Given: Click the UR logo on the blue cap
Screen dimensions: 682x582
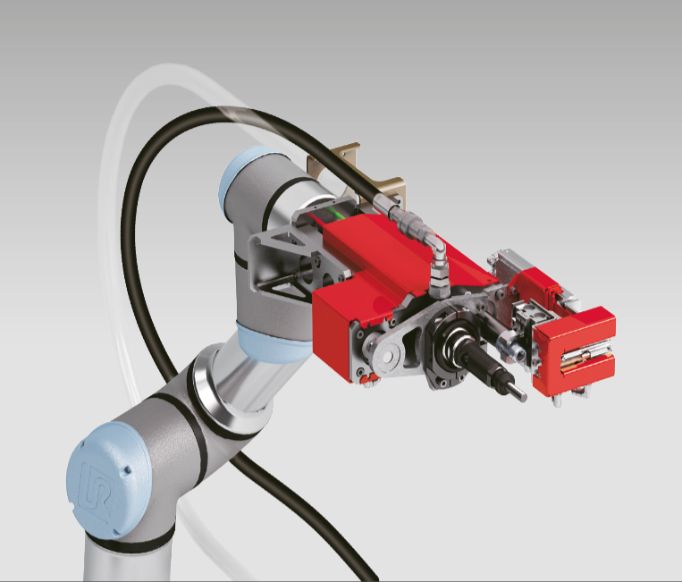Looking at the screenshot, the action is coord(95,493).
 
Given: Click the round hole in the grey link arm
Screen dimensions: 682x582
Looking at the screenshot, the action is coord(386,357).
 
